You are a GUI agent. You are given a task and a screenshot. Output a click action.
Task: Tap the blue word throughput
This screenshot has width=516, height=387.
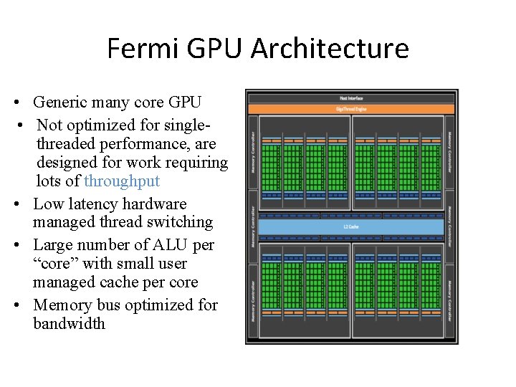pos(122,181)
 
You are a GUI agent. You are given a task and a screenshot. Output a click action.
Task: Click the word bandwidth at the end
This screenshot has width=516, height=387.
pos(69,323)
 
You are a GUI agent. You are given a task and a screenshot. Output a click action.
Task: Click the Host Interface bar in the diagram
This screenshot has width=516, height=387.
pos(351,97)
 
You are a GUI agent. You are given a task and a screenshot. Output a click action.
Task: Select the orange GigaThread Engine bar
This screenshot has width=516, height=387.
pos(351,109)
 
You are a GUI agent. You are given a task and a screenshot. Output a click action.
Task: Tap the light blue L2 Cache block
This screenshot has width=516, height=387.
pos(351,227)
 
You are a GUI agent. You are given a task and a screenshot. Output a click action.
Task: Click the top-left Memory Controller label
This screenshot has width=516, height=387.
pos(252,150)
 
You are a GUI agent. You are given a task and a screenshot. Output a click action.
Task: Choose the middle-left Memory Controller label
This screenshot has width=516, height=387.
pos(252,227)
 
